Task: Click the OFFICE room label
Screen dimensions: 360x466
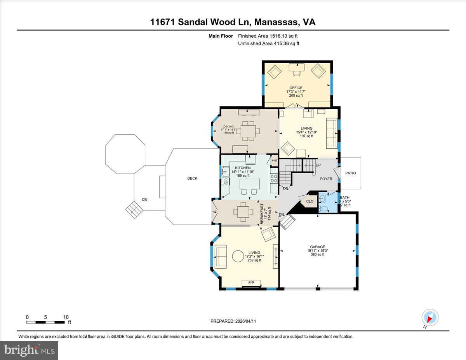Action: point(296,88)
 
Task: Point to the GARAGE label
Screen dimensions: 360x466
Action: point(317,247)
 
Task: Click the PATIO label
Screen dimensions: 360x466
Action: point(350,173)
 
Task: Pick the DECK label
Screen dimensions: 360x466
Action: point(192,179)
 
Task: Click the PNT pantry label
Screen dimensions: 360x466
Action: point(274,161)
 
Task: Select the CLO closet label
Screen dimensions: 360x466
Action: point(310,201)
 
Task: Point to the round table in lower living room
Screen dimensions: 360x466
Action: point(238,256)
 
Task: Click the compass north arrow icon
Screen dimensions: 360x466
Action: point(430,317)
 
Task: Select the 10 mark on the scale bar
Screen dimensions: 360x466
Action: point(66,317)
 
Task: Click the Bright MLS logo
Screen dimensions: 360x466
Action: point(30,350)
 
